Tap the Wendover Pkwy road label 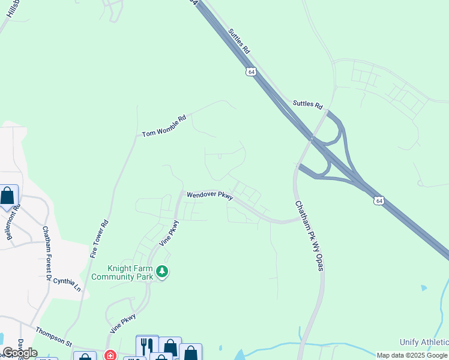(209, 195)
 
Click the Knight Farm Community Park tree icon (162, 272)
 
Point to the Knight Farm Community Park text (127, 272)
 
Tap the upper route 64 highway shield (251, 71)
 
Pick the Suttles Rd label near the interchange (307, 104)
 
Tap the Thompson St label (53, 337)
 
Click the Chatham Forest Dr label (46, 253)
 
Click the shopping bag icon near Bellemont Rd (7, 196)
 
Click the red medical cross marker (110, 355)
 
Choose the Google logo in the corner (20, 353)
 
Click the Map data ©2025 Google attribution (412, 355)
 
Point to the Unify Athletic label (424, 342)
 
